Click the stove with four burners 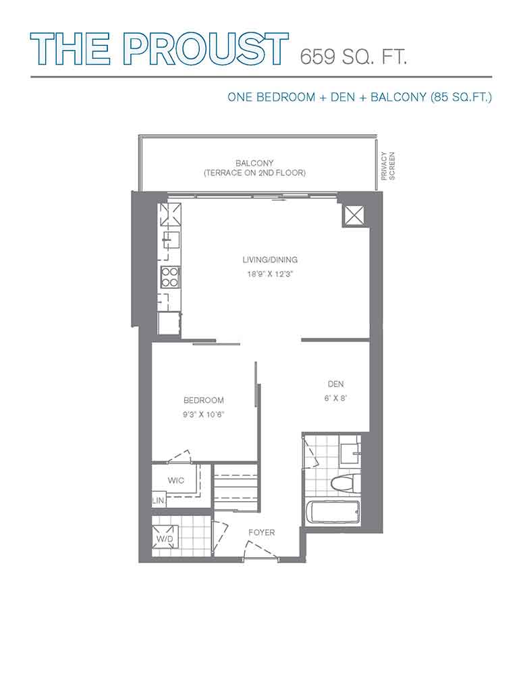point(169,277)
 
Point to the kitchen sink point(171,240)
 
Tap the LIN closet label point(157,500)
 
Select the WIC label point(175,480)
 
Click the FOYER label point(262,532)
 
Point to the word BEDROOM point(203,400)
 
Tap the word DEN point(336,384)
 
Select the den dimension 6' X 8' point(336,398)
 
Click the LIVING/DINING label point(270,260)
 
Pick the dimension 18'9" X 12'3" point(270,274)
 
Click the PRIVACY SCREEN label point(388,166)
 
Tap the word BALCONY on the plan point(254,163)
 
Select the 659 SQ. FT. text point(353,57)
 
